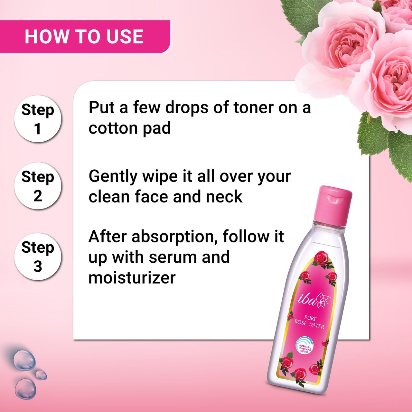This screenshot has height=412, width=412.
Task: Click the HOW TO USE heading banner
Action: (84, 37)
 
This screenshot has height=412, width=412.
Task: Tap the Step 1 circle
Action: (38, 119)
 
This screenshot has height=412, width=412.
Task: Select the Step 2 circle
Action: (38, 186)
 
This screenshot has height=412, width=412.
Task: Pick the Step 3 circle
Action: (38, 257)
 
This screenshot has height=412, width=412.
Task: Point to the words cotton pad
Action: (129, 128)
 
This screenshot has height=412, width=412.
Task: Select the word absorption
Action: (173, 237)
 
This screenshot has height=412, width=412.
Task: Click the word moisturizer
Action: (132, 278)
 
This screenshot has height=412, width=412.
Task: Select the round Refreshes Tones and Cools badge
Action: (304, 345)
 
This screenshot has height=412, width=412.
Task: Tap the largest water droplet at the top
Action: (24, 360)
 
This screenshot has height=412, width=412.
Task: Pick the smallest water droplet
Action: (41, 375)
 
